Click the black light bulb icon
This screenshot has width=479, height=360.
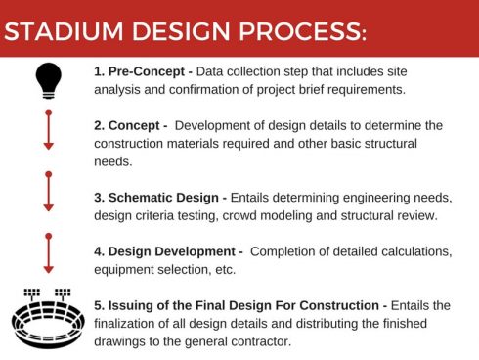click(x=48, y=81)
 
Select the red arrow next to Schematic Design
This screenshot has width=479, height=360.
click(x=48, y=192)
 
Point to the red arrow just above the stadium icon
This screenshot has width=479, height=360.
click(x=48, y=253)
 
